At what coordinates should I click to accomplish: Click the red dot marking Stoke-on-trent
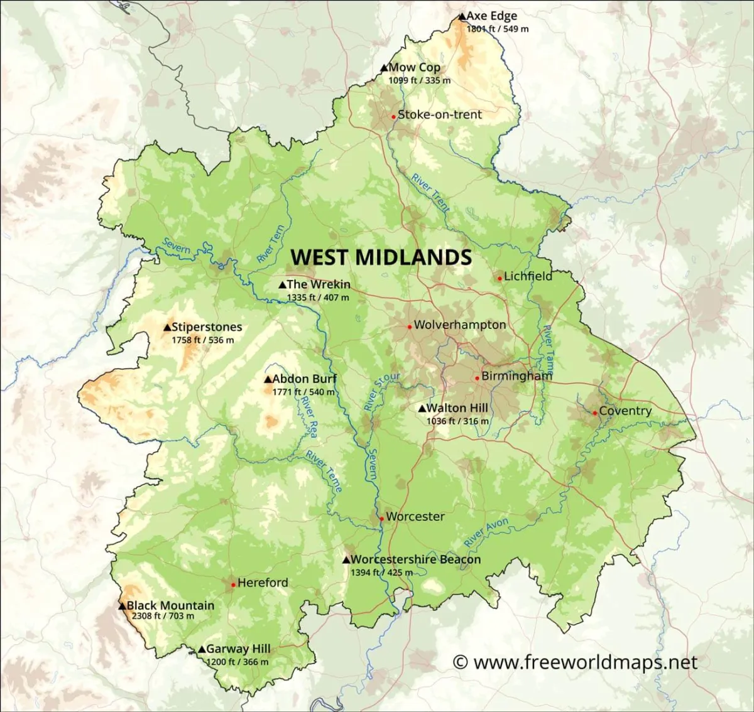[393, 116]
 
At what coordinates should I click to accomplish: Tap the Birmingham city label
[516, 376]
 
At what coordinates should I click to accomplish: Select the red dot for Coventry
[594, 413]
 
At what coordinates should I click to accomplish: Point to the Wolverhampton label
[459, 325]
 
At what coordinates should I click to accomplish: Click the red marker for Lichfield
[500, 278]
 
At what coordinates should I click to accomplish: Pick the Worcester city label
[415, 516]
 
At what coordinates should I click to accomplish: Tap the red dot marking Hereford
[233, 585]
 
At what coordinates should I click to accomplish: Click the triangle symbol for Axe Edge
[462, 17]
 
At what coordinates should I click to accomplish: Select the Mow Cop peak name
[414, 67]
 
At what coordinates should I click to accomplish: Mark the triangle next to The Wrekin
[282, 285]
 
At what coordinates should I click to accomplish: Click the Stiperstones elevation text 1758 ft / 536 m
[202, 340]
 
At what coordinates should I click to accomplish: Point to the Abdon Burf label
[304, 379]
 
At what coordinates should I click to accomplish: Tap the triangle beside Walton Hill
[422, 409]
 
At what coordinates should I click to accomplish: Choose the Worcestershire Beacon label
[415, 559]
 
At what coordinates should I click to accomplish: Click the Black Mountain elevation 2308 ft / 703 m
[163, 616]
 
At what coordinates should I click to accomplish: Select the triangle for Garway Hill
[201, 650]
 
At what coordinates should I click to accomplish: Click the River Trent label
[431, 192]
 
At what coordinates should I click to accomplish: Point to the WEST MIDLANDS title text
[381, 257]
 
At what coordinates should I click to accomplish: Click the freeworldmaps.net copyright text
[575, 662]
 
